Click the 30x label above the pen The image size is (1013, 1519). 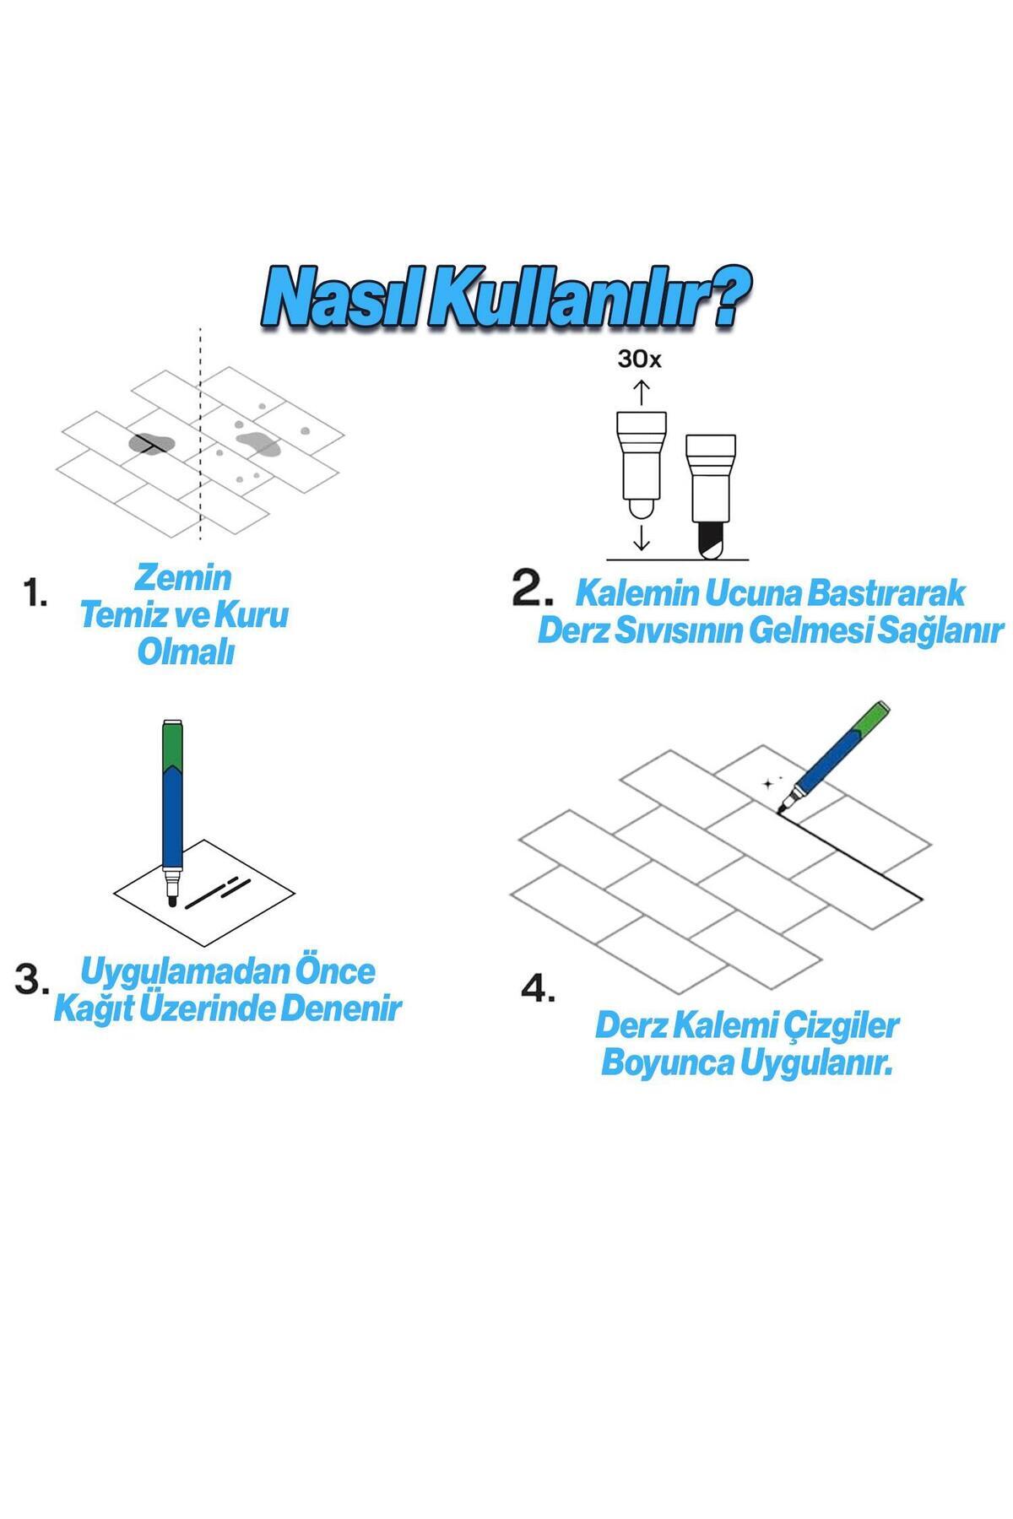640,359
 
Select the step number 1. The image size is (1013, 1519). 35,593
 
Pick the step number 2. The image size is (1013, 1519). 533,589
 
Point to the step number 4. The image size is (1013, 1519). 538,987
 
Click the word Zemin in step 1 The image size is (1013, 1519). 183,578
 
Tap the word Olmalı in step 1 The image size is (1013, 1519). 185,652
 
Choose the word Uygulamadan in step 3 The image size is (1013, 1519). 184,972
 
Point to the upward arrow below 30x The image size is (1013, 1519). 641,392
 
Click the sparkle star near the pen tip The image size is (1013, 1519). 767,783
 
